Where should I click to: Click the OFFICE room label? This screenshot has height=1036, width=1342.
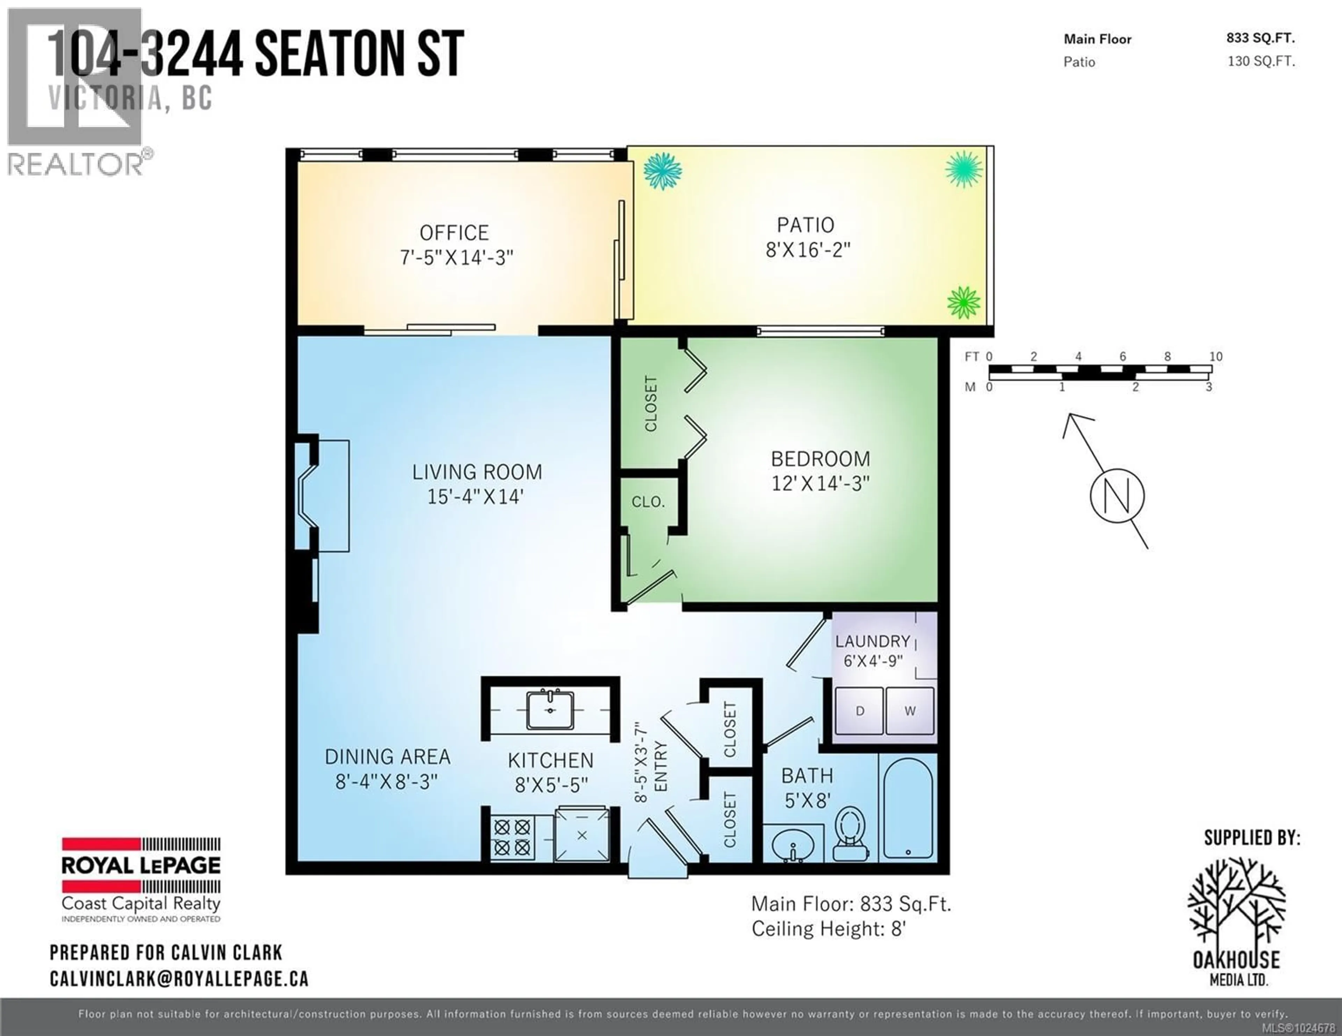click(x=454, y=233)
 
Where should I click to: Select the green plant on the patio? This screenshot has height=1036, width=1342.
click(x=962, y=303)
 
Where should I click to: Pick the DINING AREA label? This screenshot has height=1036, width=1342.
click(x=387, y=757)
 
